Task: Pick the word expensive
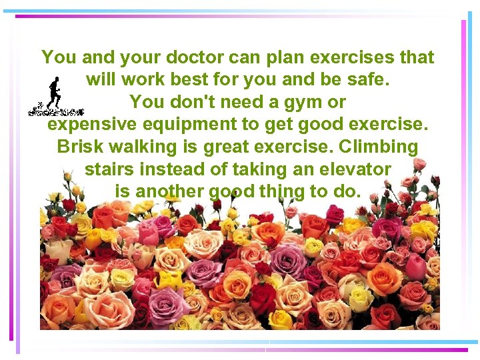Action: [93, 125]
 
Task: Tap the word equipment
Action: [191, 125]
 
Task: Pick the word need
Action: [238, 103]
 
